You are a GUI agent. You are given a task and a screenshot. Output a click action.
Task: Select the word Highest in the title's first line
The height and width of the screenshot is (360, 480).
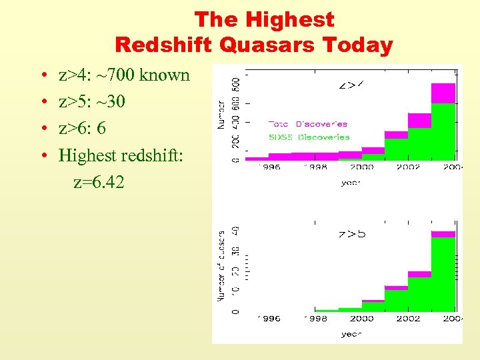(293, 19)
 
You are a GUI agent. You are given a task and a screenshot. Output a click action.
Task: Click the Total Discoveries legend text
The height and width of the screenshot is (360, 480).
(307, 123)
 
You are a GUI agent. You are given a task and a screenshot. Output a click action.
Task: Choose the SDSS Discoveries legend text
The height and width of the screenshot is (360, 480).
(308, 137)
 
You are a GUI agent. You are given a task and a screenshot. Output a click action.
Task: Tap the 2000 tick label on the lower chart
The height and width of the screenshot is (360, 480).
(362, 319)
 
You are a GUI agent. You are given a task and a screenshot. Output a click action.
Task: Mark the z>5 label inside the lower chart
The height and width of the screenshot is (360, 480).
(351, 234)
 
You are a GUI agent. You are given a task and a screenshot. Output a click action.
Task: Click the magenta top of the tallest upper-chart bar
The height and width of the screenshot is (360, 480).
(443, 93)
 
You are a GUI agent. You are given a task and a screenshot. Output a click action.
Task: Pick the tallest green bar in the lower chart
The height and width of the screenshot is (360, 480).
(443, 273)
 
